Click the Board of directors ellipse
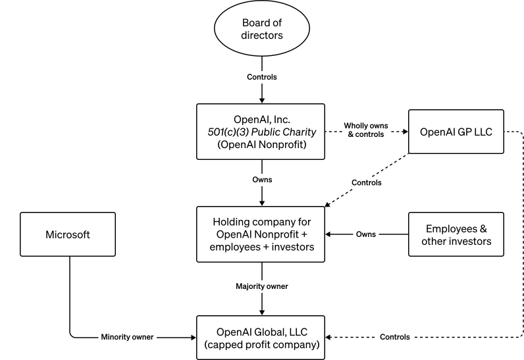(x=262, y=30)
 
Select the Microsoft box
(x=68, y=234)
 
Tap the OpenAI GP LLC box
(x=456, y=131)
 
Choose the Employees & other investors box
(x=456, y=234)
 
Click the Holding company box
(x=262, y=234)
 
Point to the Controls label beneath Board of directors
(x=262, y=77)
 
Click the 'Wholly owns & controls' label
(x=365, y=130)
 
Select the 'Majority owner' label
(x=262, y=286)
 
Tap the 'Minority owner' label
(x=127, y=337)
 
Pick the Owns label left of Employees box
(x=366, y=234)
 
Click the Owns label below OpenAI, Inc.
(x=262, y=178)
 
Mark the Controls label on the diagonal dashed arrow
(x=366, y=182)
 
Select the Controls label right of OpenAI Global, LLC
(x=394, y=337)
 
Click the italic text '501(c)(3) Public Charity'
(x=262, y=132)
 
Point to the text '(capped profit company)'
(x=262, y=344)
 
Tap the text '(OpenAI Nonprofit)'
(x=262, y=144)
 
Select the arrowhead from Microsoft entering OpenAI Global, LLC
(x=193, y=337)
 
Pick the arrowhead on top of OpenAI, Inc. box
(x=262, y=100)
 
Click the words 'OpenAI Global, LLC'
(x=262, y=330)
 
